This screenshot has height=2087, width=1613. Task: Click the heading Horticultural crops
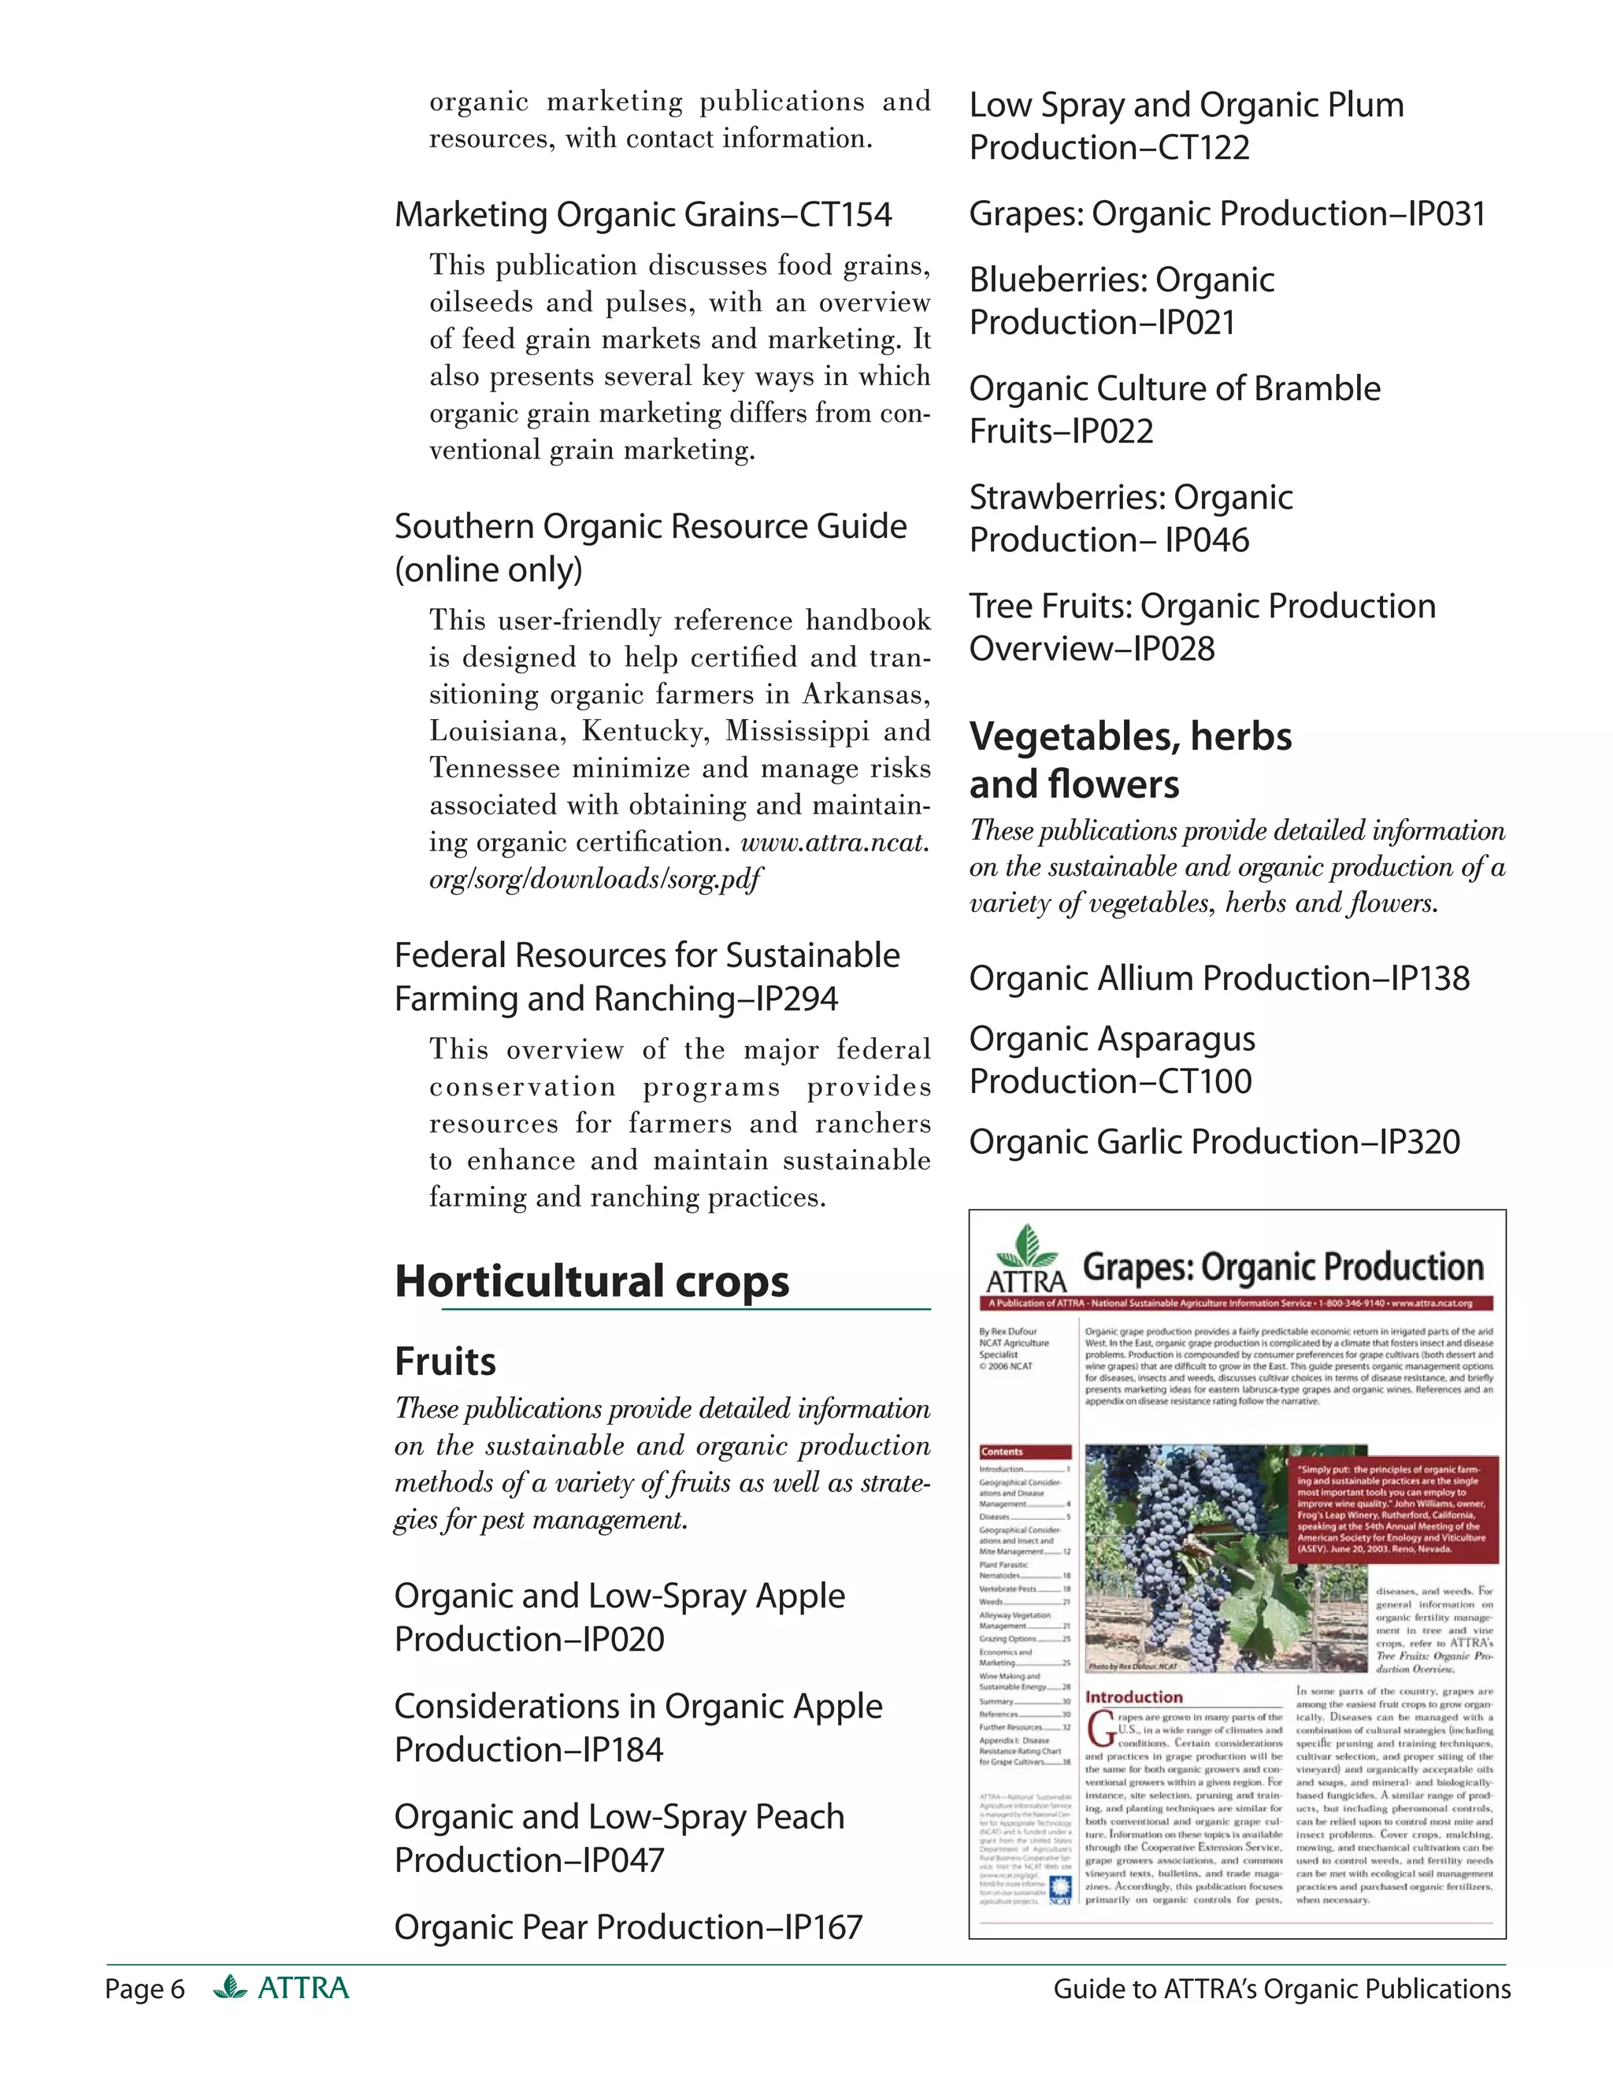click(591, 1281)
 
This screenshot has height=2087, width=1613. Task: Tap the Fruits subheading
click(444, 1362)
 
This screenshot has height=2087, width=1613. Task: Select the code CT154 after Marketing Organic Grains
click(845, 215)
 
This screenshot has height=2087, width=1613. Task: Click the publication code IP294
click(796, 999)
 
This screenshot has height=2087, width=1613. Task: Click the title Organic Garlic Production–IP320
click(1214, 1142)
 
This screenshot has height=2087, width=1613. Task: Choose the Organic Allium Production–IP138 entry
click(1218, 978)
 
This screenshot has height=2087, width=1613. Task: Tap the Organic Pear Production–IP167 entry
click(628, 1927)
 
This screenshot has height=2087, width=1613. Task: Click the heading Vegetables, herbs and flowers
click(1129, 761)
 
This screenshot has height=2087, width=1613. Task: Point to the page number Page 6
click(144, 1989)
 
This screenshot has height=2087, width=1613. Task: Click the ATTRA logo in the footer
click(282, 1989)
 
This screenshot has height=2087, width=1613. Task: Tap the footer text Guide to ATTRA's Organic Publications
click(1281, 1989)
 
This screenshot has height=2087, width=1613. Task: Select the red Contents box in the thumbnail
click(1025, 1451)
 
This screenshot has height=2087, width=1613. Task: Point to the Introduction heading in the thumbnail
click(1133, 1697)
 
